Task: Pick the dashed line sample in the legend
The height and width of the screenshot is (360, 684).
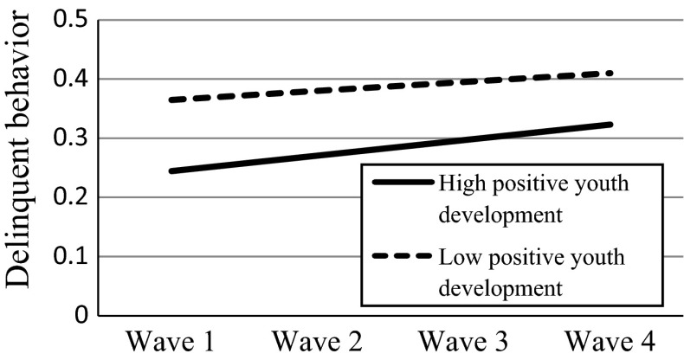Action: (400, 257)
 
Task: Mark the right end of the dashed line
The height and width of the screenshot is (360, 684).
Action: (612, 74)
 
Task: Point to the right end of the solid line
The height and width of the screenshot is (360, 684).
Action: (612, 125)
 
